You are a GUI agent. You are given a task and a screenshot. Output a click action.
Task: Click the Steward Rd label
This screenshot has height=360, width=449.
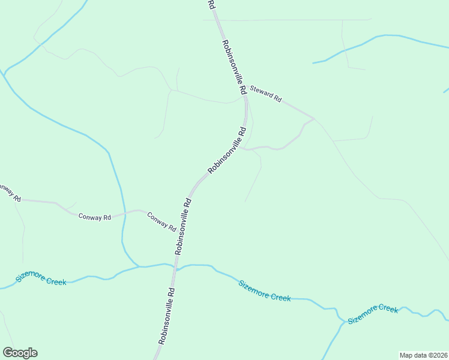pos(266,93)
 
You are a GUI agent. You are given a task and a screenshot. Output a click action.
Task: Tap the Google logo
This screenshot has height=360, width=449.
pos(20,353)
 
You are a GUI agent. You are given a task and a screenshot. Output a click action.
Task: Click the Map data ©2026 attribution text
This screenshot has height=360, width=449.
pos(423,355)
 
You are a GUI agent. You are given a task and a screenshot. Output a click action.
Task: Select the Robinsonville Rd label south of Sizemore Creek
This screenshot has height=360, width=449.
pos(167,316)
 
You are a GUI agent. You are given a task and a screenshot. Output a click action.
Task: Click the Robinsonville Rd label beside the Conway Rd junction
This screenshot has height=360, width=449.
pos(183,226)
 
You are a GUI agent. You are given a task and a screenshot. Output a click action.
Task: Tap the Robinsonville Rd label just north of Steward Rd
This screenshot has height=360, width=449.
pos(234,67)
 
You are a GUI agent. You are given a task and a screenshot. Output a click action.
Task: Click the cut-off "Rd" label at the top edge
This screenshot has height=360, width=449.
pos(211,4)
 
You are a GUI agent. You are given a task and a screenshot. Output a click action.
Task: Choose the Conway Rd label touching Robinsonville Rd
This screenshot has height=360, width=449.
pos(161,223)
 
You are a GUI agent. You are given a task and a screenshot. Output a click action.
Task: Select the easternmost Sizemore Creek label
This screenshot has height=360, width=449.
pos(373,313)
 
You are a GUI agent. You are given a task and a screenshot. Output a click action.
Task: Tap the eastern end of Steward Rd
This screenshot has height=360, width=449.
pos(313,118)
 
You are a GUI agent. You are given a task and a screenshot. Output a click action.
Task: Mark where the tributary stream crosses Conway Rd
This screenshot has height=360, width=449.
pos(124,214)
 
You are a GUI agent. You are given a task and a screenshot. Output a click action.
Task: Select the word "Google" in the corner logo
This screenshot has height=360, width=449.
pos(20,353)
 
